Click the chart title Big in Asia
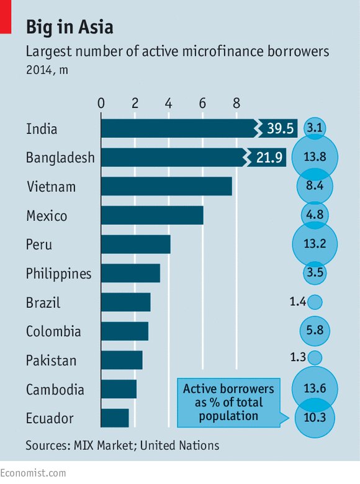pos(69,27)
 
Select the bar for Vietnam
pos(166,186)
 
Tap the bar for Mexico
pos(151,215)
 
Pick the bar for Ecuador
pos(114,418)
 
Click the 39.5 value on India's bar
pos(279,128)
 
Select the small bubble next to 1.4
pos(315,302)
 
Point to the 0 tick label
pos(101,102)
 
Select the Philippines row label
pos(58,274)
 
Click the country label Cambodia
pos(55,390)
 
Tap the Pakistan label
pos(51,361)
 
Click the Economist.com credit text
pos(33,473)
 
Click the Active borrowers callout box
pos(228,402)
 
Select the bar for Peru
pos(135,244)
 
